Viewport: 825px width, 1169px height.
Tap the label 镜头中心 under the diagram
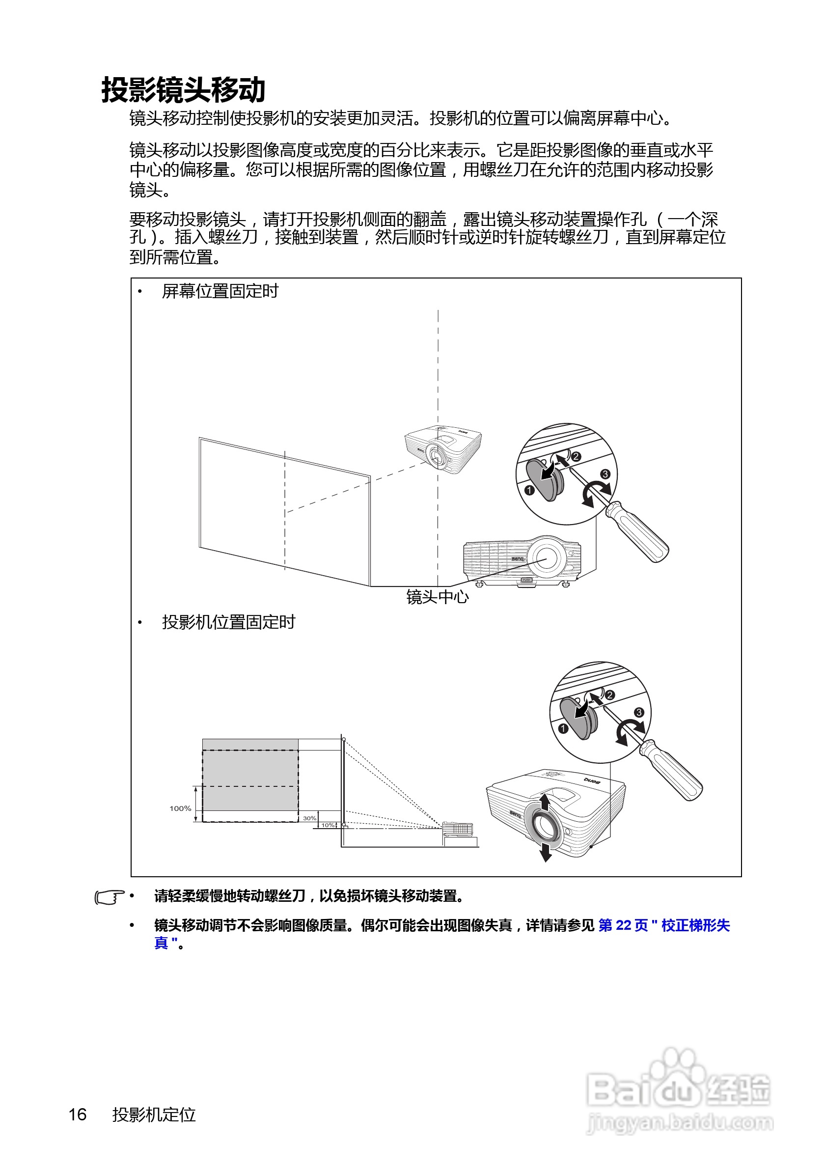pyautogui.click(x=437, y=597)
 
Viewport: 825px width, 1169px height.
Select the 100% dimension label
pyautogui.click(x=180, y=808)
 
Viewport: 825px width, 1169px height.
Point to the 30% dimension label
pyautogui.click(x=309, y=818)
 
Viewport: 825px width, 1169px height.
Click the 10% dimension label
pyautogui.click(x=327, y=825)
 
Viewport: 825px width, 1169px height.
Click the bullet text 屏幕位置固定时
pyautogui.click(x=220, y=291)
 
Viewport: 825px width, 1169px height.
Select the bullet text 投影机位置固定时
pyautogui.click(x=228, y=622)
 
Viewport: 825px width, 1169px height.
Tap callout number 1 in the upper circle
pyautogui.click(x=529, y=490)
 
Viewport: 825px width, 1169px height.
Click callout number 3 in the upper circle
pyautogui.click(x=605, y=474)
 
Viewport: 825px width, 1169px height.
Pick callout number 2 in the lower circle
pyautogui.click(x=610, y=695)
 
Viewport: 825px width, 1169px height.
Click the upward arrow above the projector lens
pyautogui.click(x=545, y=803)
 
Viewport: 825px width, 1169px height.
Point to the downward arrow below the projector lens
pyautogui.click(x=546, y=852)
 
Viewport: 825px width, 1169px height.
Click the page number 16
pyautogui.click(x=78, y=1114)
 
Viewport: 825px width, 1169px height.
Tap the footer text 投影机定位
pyautogui.click(x=154, y=1114)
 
